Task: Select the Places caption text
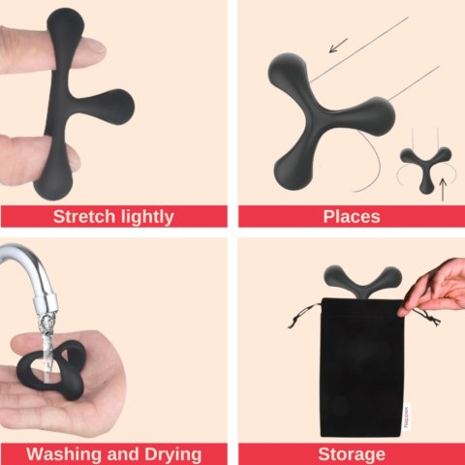click(x=351, y=216)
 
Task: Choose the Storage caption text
click(x=351, y=453)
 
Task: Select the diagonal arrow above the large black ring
click(x=338, y=45)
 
